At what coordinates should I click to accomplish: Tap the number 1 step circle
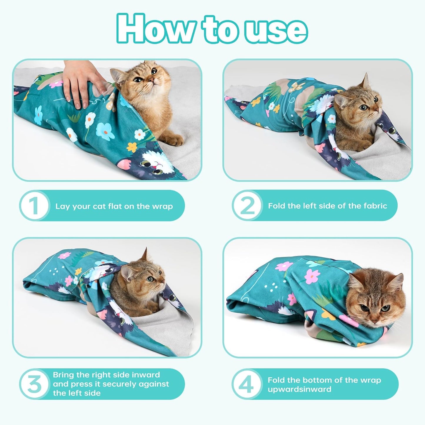[x=34, y=206]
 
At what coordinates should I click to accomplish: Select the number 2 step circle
[x=247, y=206]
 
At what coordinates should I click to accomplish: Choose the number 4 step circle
[x=247, y=384]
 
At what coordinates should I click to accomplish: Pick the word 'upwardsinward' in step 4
[x=299, y=389]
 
